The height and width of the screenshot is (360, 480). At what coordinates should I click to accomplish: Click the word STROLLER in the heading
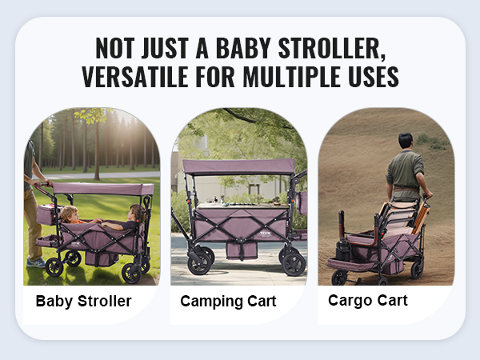332,48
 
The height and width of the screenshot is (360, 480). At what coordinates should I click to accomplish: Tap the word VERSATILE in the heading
135,77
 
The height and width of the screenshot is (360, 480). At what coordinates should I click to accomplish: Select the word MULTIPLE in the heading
292,77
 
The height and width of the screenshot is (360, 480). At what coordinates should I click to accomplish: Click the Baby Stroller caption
83,301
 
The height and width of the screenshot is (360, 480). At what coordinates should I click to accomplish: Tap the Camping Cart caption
228,302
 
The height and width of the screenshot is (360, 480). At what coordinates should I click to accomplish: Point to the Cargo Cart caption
368,300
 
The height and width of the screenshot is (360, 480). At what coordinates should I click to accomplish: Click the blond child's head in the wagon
70,214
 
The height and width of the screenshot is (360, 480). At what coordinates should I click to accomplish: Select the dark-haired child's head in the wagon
137,212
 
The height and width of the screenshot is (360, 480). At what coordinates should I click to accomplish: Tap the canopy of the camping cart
238,167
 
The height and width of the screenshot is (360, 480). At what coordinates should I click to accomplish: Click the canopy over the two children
103,189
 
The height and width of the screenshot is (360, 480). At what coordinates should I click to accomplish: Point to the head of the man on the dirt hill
406,141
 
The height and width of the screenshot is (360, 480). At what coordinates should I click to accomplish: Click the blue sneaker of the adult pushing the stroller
36,262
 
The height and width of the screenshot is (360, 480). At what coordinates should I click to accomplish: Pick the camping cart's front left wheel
199,262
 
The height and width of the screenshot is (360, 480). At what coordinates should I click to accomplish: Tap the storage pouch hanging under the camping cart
242,251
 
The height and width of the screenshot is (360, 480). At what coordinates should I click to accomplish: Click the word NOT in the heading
114,48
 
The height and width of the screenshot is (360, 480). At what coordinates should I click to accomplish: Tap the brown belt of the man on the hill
406,189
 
